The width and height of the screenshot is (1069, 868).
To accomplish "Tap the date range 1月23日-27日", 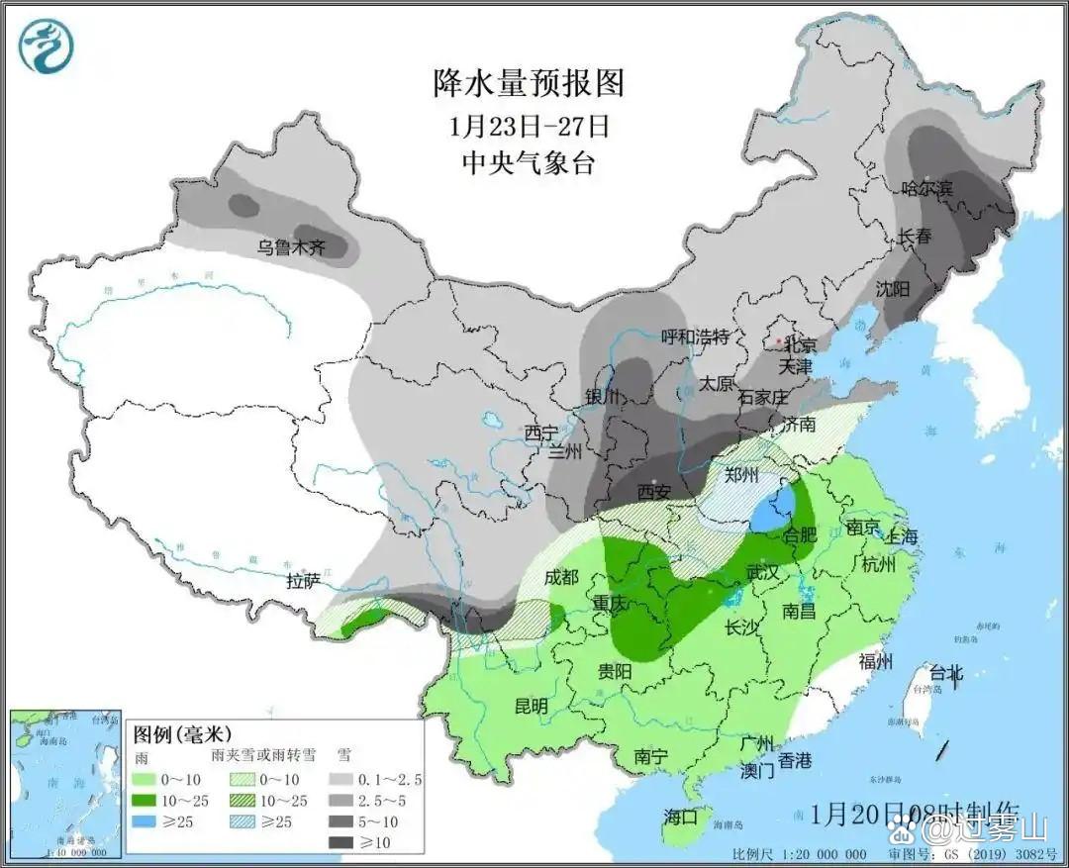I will tap(529, 126).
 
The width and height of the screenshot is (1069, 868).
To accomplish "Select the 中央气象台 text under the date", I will tap(529, 163).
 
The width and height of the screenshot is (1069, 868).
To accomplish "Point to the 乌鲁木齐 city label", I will tap(291, 247).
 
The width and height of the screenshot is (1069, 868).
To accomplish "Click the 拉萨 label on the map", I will tap(303, 581).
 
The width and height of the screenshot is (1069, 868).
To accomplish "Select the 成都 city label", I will tap(561, 577).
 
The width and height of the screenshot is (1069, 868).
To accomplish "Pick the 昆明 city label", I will tap(531, 706).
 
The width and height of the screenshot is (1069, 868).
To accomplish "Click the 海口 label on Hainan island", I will tap(681, 817).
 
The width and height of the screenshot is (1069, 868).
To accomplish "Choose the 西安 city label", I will tap(654, 491).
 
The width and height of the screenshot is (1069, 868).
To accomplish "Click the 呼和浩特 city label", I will tap(695, 337).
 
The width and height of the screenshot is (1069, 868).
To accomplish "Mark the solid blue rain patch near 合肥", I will tap(767, 512).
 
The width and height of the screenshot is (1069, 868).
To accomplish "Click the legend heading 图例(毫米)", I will tap(182, 734).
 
